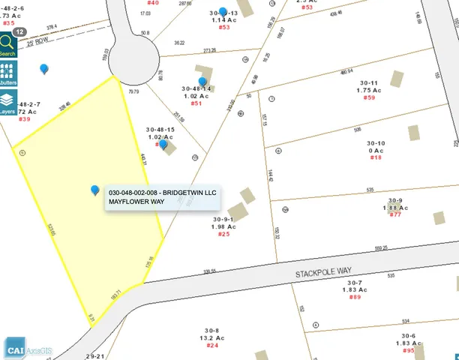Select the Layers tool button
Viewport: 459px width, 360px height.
7,102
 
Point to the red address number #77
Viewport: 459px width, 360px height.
395,215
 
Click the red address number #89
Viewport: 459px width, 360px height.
355,298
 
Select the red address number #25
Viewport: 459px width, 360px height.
223,234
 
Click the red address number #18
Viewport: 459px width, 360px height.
376,157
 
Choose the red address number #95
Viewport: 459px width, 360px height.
408,350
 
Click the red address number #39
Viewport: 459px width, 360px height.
25,118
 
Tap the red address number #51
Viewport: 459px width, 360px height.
196,103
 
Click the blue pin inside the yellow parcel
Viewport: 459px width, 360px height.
95,190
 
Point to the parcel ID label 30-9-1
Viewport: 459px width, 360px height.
224,220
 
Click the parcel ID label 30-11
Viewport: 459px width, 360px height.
368,82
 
